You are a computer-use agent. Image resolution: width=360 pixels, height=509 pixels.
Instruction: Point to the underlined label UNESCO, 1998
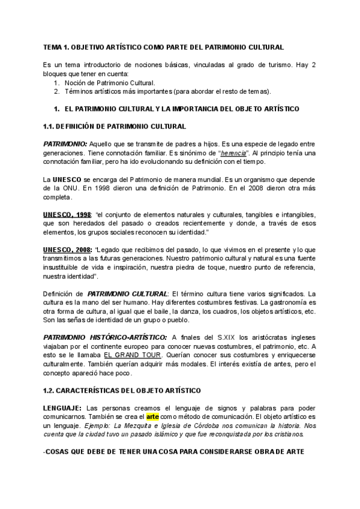66,215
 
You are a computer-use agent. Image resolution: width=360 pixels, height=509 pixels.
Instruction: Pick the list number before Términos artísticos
56,91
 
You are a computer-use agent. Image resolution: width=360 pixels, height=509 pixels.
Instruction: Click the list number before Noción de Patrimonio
56,83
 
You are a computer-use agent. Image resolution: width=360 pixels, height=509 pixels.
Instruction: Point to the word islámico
177,418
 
